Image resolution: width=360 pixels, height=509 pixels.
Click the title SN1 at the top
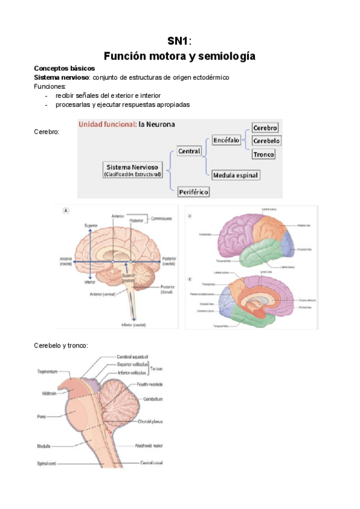pyautogui.click(x=178, y=41)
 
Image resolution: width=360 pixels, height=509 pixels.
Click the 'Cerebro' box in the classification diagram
pyautogui.click(x=265, y=128)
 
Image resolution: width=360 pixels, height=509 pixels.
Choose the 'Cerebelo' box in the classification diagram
pyautogui.click(x=266, y=141)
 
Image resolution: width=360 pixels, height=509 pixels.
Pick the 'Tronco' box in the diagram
pyautogui.click(x=264, y=154)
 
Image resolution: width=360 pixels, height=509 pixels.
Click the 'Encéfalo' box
pyautogui.click(x=226, y=140)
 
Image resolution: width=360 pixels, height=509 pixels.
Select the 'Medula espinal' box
pyautogui.click(x=235, y=175)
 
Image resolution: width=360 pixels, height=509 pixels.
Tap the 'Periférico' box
pyautogui.click(x=193, y=191)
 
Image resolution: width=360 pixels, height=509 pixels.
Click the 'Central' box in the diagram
pyautogui.click(x=189, y=151)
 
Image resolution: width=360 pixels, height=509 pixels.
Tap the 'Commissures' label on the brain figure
pyautogui.click(x=162, y=218)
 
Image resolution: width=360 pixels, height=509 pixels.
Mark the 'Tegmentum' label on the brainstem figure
pyautogui.click(x=46, y=372)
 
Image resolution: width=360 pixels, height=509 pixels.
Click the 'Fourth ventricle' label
pyautogui.click(x=149, y=384)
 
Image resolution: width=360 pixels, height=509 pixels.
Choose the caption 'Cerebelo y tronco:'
pyautogui.click(x=61, y=345)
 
